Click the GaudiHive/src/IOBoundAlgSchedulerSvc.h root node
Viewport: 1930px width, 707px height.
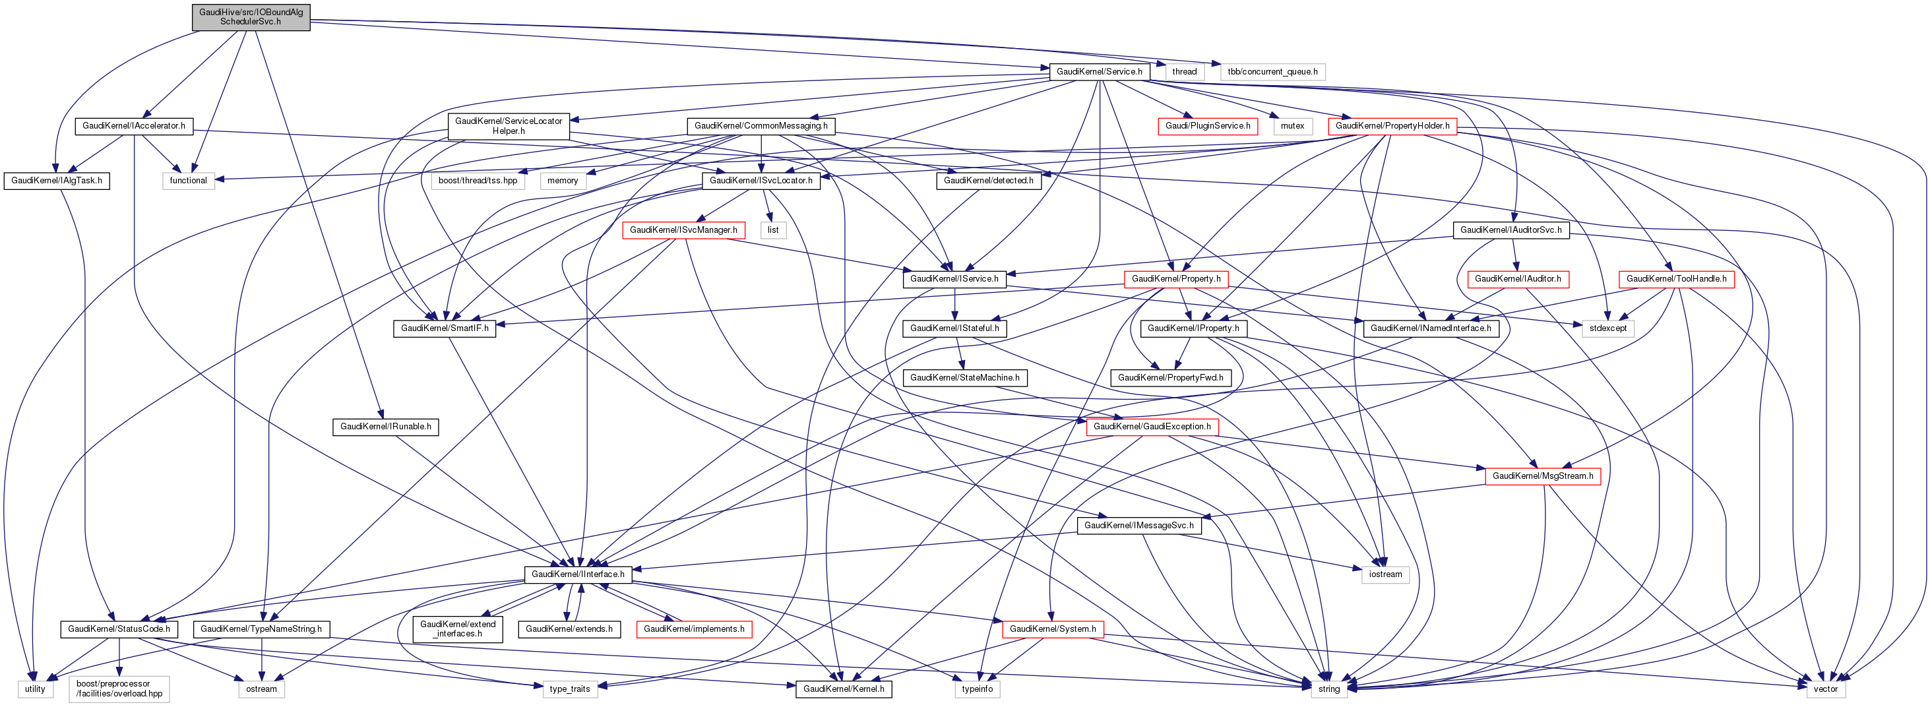pyautogui.click(x=251, y=16)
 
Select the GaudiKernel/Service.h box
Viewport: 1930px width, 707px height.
pyautogui.click(x=1099, y=72)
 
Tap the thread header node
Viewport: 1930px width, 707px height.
pyautogui.click(x=1185, y=72)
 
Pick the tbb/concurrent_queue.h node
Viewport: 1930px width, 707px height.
pyautogui.click(x=1272, y=72)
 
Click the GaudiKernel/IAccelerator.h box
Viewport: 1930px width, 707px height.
pyautogui.click(x=133, y=126)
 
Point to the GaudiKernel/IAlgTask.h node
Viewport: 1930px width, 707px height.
pyautogui.click(x=57, y=181)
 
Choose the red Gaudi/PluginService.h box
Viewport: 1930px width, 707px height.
pyautogui.click(x=1208, y=126)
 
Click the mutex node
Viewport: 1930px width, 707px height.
pyautogui.click(x=1292, y=126)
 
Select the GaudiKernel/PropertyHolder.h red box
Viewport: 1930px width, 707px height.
pyautogui.click(x=1392, y=126)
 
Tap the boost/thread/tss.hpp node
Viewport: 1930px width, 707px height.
pyautogui.click(x=478, y=181)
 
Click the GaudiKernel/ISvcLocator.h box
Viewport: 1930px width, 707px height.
pyautogui.click(x=761, y=181)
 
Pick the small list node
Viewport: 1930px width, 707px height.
pyautogui.click(x=773, y=230)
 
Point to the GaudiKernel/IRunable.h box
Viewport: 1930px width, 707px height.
pyautogui.click(x=386, y=427)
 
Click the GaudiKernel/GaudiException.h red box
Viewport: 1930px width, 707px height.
pyautogui.click(x=1152, y=427)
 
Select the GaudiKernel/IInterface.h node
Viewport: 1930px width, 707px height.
pyautogui.click(x=578, y=574)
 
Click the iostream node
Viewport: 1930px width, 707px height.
pyautogui.click(x=1385, y=574)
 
